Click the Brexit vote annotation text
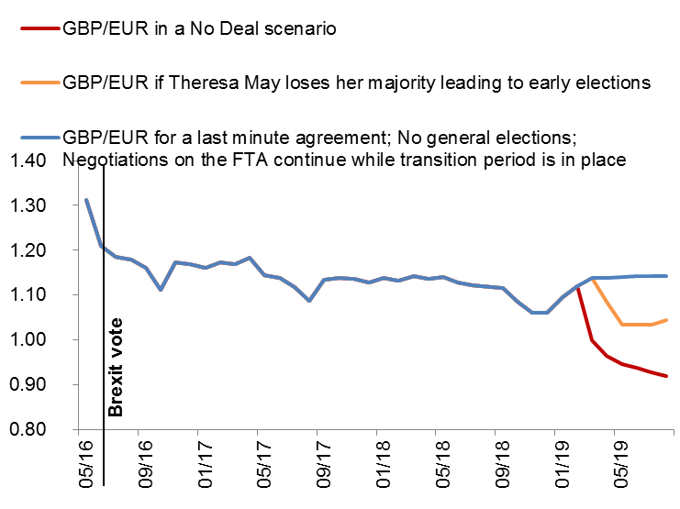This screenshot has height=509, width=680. (x=116, y=367)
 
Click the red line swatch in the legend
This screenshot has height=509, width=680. (x=38, y=28)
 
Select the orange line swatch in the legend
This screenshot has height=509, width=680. (x=38, y=82)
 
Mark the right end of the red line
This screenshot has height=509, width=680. (x=665, y=376)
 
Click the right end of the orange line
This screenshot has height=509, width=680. (x=665, y=320)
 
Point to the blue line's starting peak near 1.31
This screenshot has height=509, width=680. (x=86, y=200)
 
